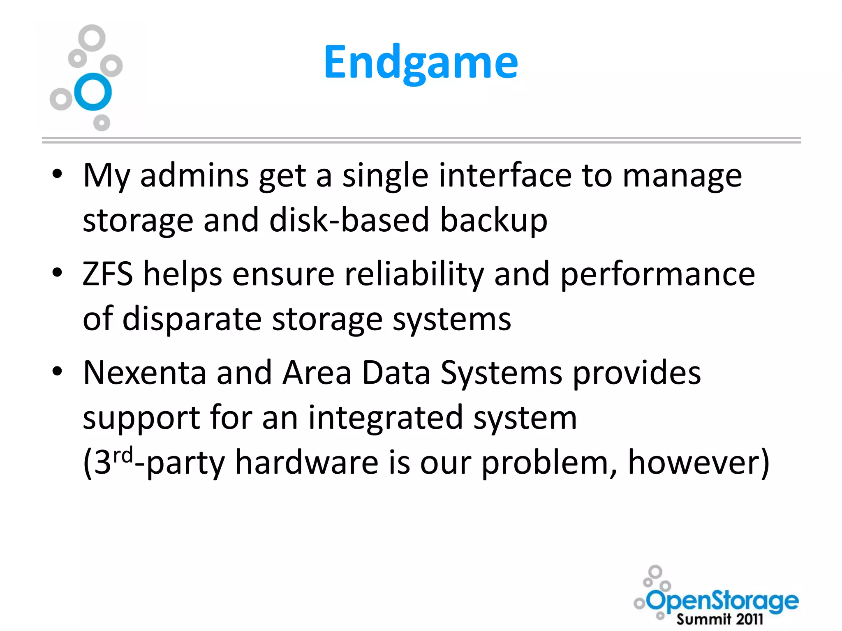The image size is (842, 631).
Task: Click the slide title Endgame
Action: [421, 62]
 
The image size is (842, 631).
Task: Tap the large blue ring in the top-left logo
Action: [93, 92]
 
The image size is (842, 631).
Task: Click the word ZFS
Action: [108, 274]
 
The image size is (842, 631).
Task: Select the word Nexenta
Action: [144, 373]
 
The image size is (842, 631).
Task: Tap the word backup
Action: [494, 221]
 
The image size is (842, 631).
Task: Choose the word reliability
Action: [414, 274]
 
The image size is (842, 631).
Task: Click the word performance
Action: [658, 274]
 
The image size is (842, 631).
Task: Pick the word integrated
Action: [386, 417]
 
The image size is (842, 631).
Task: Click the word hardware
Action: [307, 463]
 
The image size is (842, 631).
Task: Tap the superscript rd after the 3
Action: [123, 455]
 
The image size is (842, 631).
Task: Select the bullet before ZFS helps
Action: [57, 272]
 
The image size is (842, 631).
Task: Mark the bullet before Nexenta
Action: [57, 371]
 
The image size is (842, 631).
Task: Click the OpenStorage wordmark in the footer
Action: [723, 601]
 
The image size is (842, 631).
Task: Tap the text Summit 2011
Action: [719, 619]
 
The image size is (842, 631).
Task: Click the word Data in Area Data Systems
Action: [396, 373]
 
